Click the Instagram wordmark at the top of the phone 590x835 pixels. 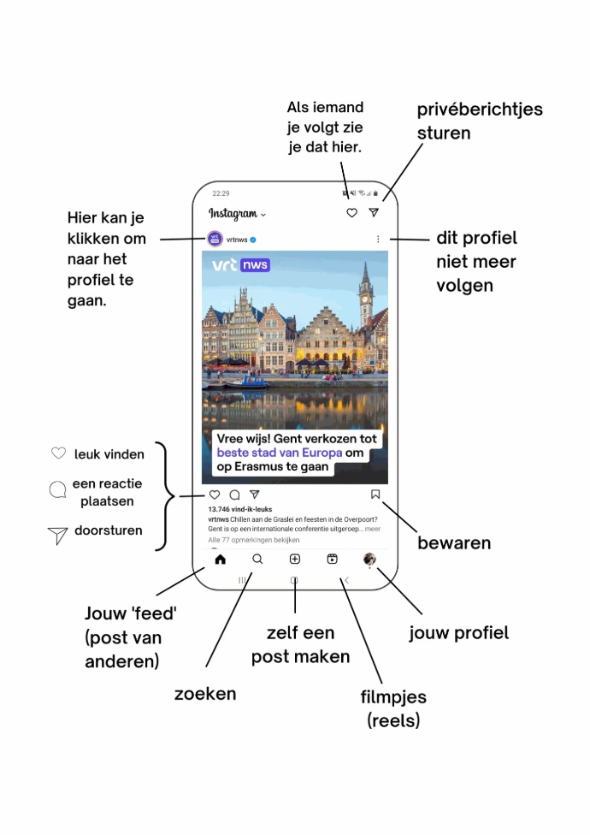coord(233,214)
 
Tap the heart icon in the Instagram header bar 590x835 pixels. coord(351,213)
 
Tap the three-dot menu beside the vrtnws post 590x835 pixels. coord(378,240)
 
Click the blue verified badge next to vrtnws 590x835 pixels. coord(254,240)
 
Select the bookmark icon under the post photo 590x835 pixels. coord(375,494)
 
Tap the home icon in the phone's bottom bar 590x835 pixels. coord(220,560)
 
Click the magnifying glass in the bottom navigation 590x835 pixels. coord(257,560)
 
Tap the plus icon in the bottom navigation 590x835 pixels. coord(294,560)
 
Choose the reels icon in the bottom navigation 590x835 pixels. coord(332,560)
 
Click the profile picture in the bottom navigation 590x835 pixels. coord(369,559)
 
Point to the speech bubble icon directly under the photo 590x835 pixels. coord(234,494)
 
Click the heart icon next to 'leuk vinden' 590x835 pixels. coord(58,453)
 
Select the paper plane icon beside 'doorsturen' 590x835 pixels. coord(57,536)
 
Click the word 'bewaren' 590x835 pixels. coord(453,542)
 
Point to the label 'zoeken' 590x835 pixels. coord(205,693)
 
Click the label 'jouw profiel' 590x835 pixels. coord(458,633)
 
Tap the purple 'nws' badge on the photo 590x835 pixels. coord(255,265)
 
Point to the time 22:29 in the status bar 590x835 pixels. coord(221,193)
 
